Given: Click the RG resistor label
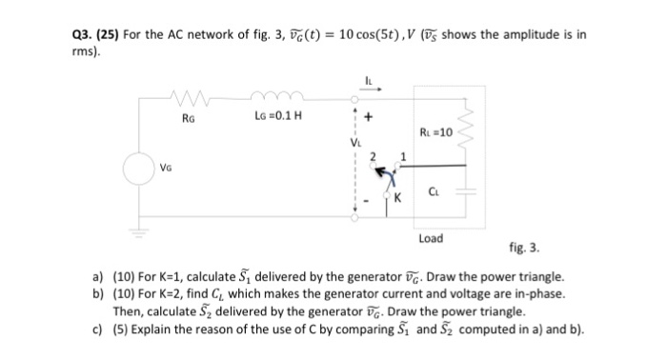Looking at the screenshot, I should [188, 119].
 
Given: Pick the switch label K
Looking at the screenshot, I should [401, 199].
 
